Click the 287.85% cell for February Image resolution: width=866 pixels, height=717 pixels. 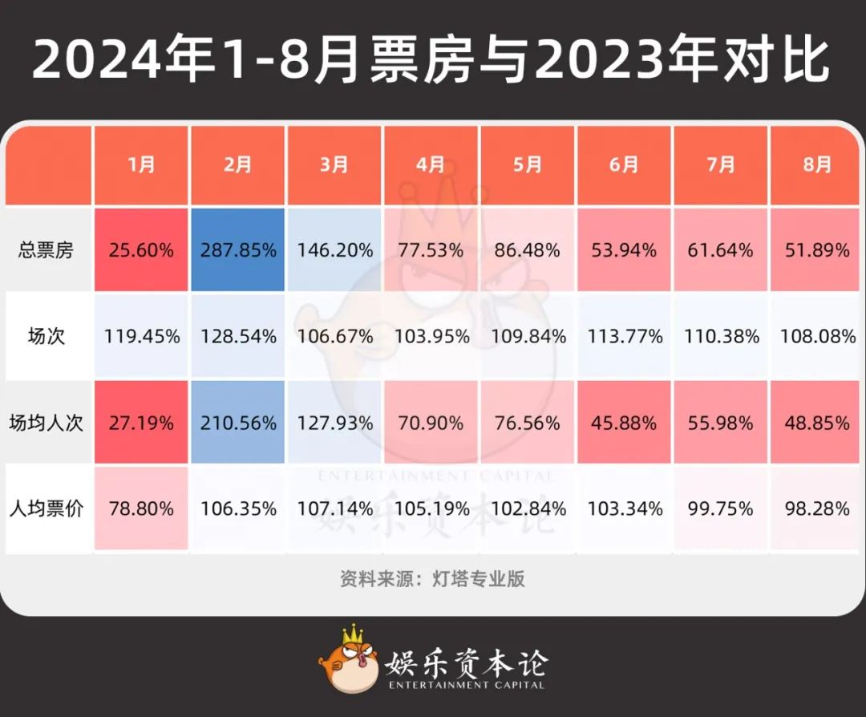coord(238,250)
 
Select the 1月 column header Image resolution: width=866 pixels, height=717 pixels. coord(141,165)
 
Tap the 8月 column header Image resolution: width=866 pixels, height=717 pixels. coord(817,165)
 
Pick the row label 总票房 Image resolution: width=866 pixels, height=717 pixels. coord(46,250)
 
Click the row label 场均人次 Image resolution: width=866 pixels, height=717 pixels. coord(46,423)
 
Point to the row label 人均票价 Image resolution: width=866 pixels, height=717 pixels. coord(46,508)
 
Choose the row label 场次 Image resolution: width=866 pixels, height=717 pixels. coord(46,336)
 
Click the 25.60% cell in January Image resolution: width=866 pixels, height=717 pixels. coord(141,250)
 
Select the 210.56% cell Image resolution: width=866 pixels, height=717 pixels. coord(238,423)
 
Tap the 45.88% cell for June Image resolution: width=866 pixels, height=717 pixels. coord(625,423)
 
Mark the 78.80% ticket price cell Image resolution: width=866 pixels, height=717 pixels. coord(141,508)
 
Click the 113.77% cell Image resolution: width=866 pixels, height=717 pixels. coord(625,336)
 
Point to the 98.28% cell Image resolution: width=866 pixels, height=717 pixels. coord(817,508)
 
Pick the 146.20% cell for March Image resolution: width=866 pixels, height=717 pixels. coord(334,250)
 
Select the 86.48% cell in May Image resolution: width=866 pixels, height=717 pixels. coord(528,250)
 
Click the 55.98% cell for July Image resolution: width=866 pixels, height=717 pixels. coord(721,423)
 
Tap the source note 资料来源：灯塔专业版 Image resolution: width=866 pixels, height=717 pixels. coord(432,578)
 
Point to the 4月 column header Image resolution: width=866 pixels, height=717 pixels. coord(431,165)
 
